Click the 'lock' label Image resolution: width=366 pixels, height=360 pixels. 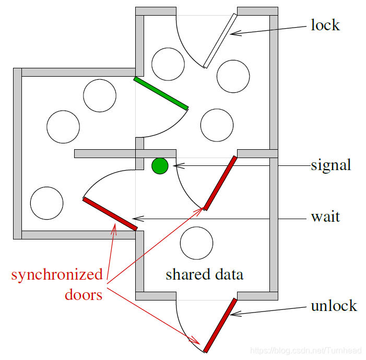click(325, 25)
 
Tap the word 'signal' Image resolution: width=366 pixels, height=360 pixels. click(330, 165)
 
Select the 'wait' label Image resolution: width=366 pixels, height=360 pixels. click(325, 216)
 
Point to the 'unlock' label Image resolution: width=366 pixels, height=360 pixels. click(334, 305)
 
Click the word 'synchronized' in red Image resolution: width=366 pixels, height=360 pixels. click(57, 275)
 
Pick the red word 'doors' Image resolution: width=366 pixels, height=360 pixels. click(84, 295)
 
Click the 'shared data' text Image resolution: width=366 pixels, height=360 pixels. click(204, 274)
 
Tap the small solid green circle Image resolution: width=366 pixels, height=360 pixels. click(160, 166)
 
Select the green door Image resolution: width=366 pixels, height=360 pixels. click(161, 94)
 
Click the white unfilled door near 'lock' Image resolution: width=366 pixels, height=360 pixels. click(220, 41)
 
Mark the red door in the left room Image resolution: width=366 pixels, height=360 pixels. click(110, 214)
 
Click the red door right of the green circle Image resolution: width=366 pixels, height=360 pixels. click(220, 183)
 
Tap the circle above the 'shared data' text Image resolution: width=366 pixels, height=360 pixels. click(196, 243)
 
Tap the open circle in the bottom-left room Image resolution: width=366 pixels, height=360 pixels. click(46, 203)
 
